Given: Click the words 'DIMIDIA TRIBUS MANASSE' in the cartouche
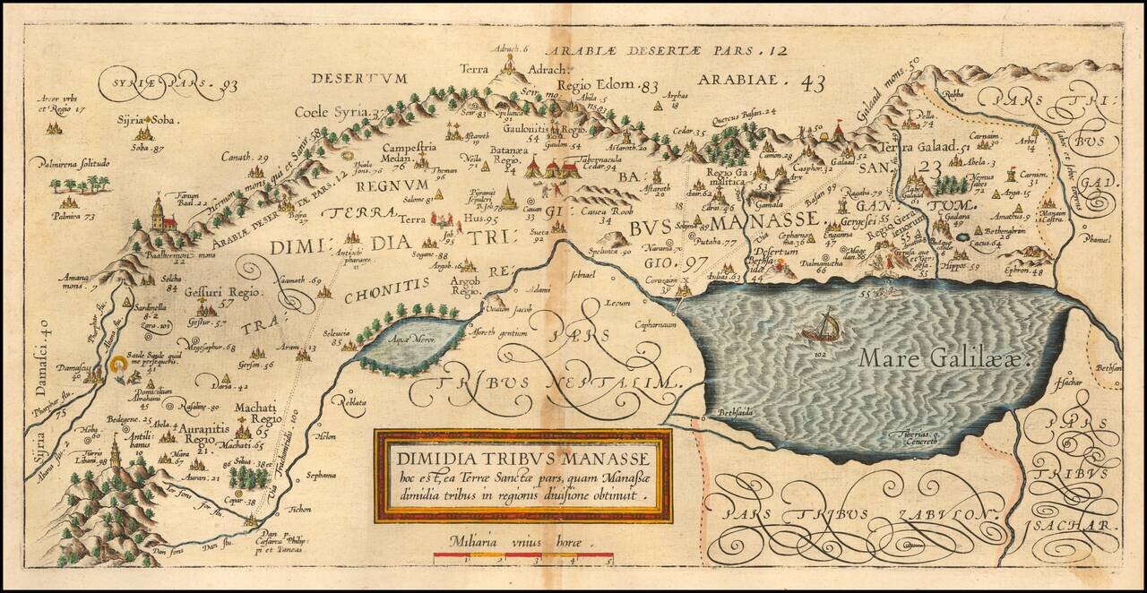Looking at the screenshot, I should coord(522,457).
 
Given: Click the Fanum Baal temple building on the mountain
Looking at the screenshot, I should coord(160,215).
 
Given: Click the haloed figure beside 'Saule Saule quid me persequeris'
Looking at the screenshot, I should coord(117,365).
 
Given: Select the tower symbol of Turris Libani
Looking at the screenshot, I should coord(115,452).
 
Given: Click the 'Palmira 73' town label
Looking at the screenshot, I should coord(76,216).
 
